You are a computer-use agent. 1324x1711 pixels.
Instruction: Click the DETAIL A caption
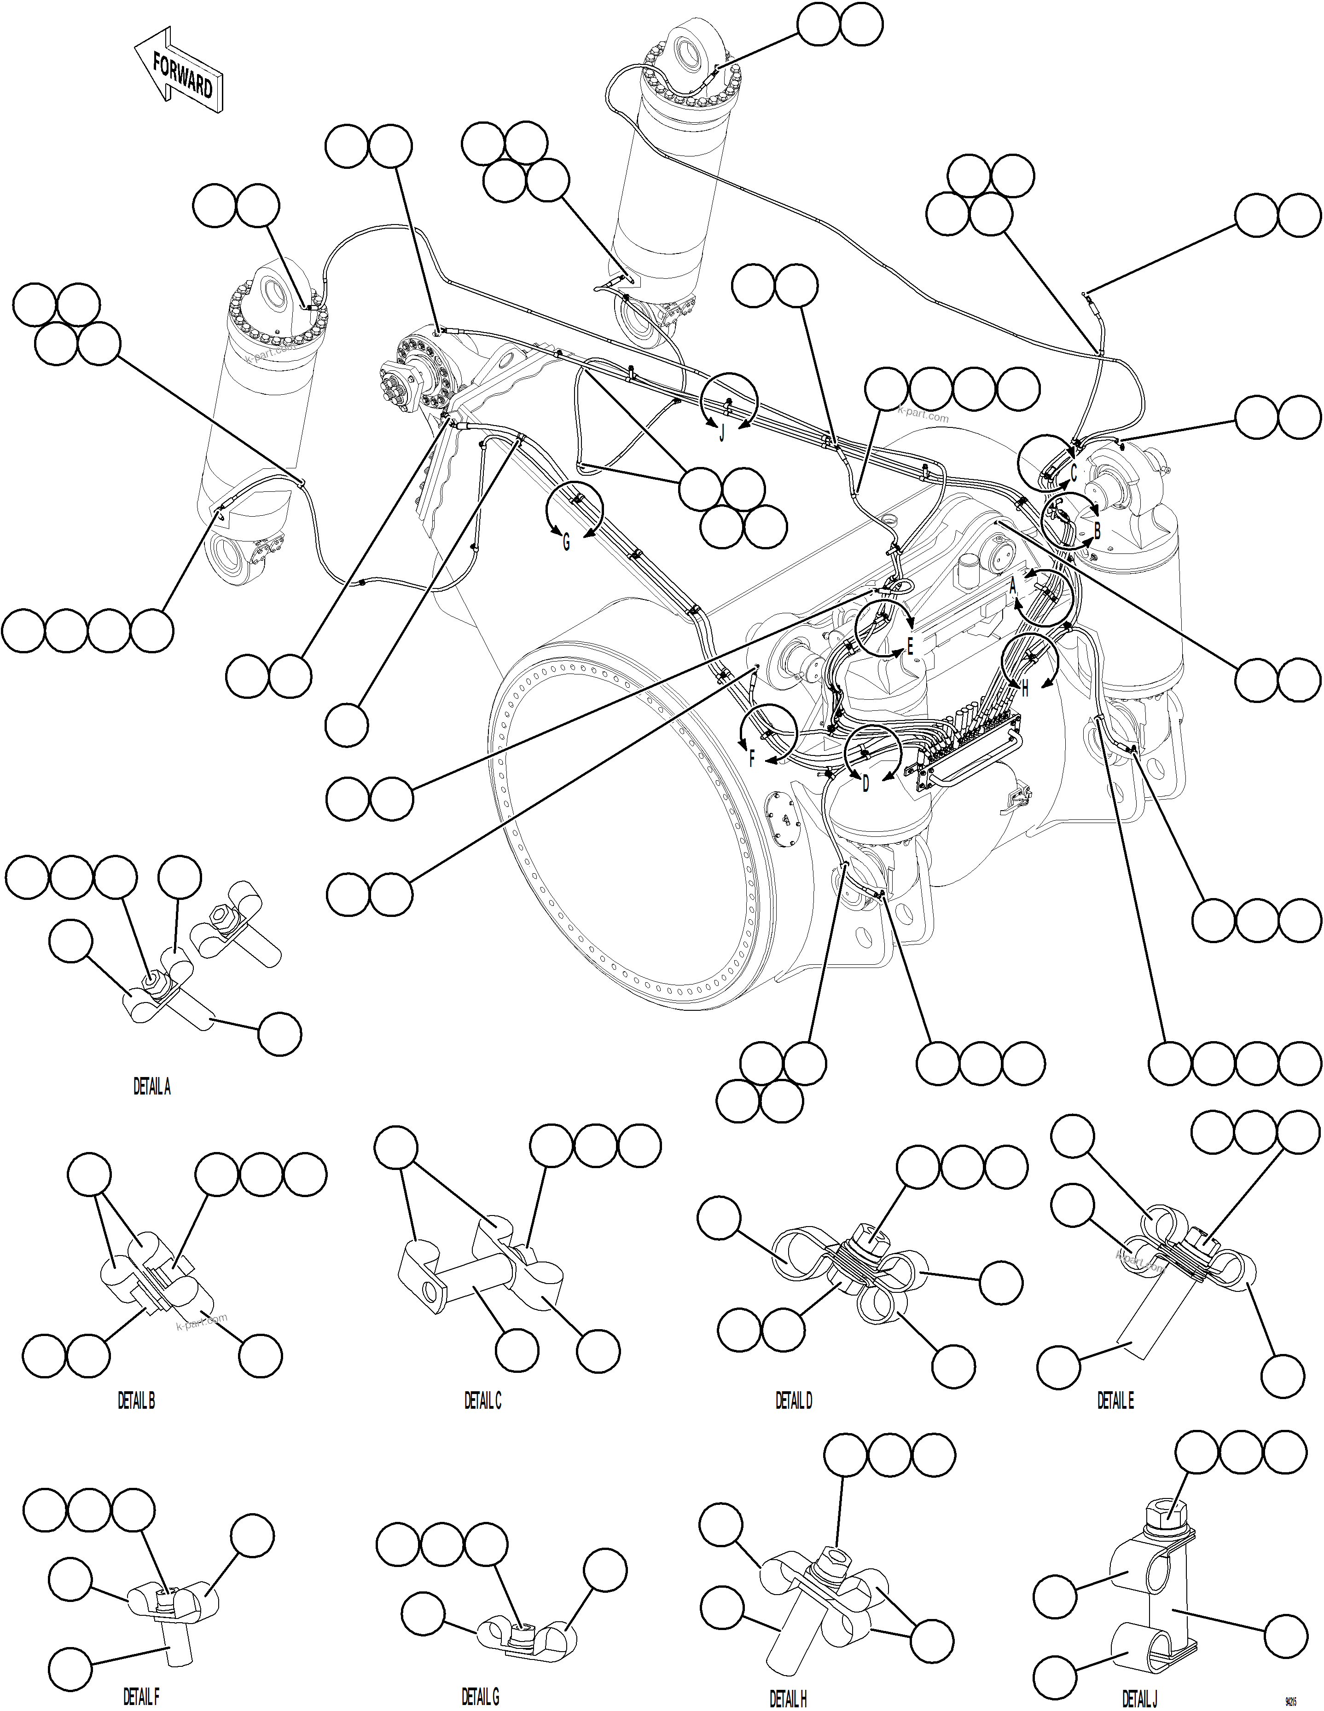(x=151, y=1087)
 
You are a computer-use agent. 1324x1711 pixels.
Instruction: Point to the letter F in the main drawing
(x=752, y=758)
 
